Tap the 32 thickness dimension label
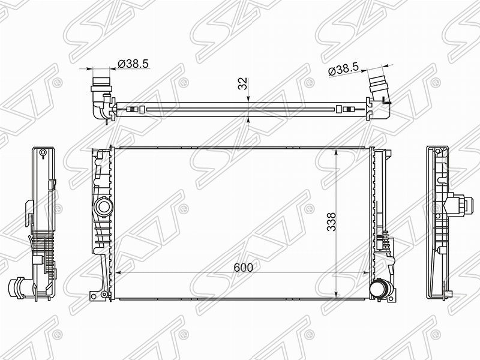click(243, 83)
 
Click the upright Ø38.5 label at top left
click(133, 62)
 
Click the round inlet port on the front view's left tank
click(103, 208)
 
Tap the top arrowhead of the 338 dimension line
click(338, 152)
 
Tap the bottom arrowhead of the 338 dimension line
click(338, 292)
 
